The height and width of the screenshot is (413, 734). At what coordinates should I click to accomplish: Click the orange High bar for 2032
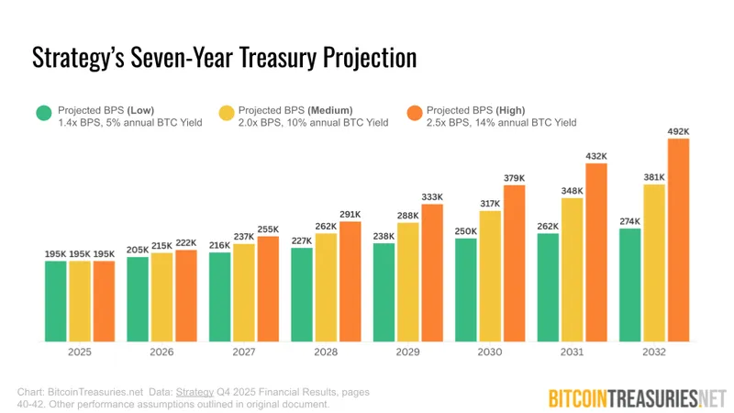point(677,240)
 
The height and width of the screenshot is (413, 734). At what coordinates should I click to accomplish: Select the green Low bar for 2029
point(384,292)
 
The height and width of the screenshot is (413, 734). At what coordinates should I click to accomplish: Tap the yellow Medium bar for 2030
point(490,275)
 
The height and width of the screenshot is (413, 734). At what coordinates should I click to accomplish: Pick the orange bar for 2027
point(268,288)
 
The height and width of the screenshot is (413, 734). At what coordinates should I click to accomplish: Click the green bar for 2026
point(138,298)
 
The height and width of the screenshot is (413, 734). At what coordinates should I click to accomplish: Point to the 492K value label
point(677,131)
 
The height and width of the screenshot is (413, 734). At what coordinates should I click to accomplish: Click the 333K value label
point(432,196)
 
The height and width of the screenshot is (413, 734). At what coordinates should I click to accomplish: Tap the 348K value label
point(573,190)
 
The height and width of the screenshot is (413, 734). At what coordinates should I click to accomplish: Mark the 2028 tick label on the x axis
point(302,352)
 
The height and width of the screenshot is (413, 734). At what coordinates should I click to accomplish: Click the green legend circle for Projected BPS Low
point(43,114)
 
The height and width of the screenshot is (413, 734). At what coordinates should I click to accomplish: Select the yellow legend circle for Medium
point(226,114)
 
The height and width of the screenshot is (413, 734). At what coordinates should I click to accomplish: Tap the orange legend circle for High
point(415,114)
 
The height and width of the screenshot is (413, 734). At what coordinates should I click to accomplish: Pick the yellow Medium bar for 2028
point(326,286)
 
